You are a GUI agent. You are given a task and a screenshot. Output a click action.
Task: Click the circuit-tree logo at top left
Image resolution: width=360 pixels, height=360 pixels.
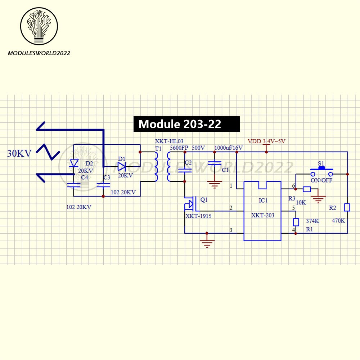(x=39, y=27)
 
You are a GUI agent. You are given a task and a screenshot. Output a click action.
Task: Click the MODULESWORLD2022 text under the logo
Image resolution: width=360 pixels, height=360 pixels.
(x=39, y=53)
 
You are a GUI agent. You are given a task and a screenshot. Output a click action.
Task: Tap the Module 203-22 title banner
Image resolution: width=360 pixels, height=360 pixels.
(x=186, y=124)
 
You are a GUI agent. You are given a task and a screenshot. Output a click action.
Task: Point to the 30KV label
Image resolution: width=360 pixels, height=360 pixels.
(x=19, y=154)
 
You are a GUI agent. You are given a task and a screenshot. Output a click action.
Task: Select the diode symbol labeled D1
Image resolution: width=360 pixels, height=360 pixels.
(x=121, y=166)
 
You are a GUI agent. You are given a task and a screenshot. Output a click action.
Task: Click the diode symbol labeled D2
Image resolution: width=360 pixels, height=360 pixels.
(x=74, y=163)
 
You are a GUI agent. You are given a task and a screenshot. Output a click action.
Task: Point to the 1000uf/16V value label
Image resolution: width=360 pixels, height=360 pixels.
(x=229, y=148)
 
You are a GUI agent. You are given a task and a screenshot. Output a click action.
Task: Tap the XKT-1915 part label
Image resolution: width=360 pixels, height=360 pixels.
(x=198, y=216)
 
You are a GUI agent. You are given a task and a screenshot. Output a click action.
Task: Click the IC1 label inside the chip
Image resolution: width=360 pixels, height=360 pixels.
(x=263, y=200)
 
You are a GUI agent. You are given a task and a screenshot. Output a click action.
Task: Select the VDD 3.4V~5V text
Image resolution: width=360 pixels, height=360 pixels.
(x=267, y=141)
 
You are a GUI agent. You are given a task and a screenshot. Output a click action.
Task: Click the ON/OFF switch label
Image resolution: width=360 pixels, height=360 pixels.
(x=321, y=180)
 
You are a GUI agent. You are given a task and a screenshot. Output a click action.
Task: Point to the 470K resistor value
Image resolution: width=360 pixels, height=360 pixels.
(x=338, y=221)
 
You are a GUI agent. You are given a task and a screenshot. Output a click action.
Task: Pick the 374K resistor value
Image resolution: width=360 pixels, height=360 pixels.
(x=312, y=221)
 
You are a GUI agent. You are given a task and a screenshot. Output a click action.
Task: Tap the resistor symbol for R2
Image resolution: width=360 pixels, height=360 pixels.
(x=347, y=207)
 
